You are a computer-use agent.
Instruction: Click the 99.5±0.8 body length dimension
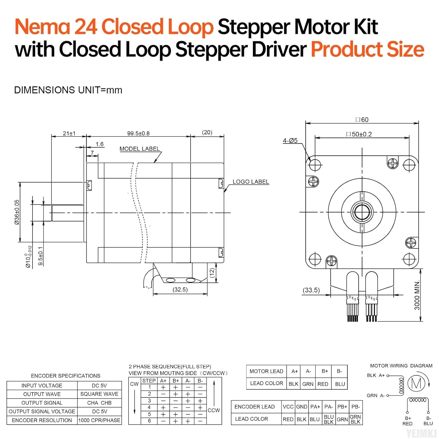coord(138,133)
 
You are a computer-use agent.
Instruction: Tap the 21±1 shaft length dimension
coord(69,133)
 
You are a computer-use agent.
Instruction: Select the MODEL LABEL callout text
coord(140,149)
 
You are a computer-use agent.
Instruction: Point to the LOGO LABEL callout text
coord(251,182)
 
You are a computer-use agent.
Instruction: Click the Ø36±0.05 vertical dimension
coord(17,212)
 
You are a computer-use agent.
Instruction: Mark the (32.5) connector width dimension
coord(180,289)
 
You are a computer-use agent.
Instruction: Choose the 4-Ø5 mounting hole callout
coord(290,141)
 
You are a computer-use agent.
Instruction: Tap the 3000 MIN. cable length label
coord(417,295)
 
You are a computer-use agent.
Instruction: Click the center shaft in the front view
coord(362,212)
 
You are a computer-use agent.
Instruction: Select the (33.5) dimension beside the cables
coord(311,290)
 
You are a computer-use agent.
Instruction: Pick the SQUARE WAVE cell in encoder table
coord(99,394)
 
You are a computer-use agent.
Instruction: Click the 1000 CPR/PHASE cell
coord(99,420)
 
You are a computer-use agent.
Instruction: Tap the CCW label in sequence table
coord(214,410)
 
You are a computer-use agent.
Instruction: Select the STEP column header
coord(149,381)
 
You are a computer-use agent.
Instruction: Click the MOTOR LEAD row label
coord(266,371)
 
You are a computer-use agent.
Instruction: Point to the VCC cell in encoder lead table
coord(288,407)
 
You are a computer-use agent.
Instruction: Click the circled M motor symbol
coord(416,383)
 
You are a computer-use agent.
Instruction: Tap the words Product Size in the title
coord(367,49)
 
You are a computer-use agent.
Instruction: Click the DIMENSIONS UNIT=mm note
coord(68,90)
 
